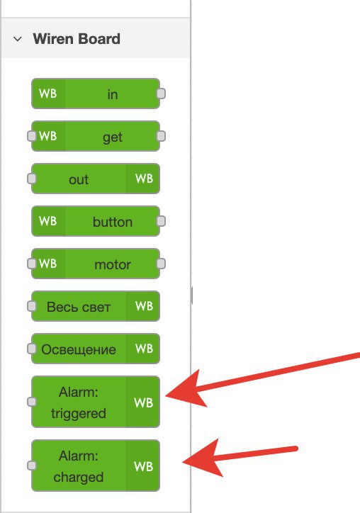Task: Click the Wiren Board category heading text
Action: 77,39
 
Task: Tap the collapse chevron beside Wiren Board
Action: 17,39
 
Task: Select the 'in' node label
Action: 112,94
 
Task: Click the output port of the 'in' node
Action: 161,94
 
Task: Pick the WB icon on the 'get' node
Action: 47,136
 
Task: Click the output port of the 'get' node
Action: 161,136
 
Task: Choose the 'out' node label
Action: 79,179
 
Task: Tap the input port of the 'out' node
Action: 31,179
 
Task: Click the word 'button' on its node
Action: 112,222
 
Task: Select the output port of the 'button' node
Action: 161,221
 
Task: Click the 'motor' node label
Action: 113,264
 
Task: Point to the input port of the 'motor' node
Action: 31,264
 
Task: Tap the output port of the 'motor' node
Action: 161,264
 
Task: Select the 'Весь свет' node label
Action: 79,307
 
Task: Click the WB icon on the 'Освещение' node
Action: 145,349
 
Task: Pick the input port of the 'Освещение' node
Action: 31,349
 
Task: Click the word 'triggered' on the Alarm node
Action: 79,414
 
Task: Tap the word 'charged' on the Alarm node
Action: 79,477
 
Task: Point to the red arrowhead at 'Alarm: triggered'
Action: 185,391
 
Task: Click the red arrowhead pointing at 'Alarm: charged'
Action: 202,460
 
